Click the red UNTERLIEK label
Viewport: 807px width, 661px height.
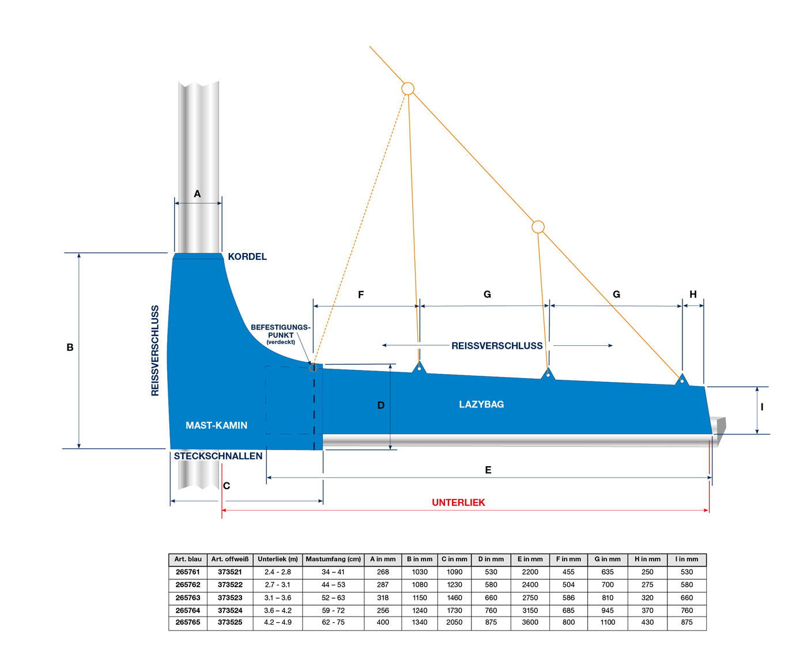pyautogui.click(x=458, y=503)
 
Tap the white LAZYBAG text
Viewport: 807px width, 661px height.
pyautogui.click(x=481, y=405)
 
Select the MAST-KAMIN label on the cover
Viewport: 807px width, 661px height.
pyautogui.click(x=216, y=425)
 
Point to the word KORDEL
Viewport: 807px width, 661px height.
pyautogui.click(x=247, y=256)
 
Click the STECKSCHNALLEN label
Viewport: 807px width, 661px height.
pyautogui.click(x=218, y=456)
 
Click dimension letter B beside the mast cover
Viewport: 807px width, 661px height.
pyautogui.click(x=70, y=348)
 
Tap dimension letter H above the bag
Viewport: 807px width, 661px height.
pyautogui.click(x=693, y=294)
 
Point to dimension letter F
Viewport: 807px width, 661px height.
pyautogui.click(x=361, y=295)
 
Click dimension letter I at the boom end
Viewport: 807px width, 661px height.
pyautogui.click(x=762, y=407)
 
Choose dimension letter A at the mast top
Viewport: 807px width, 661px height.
pyautogui.click(x=197, y=194)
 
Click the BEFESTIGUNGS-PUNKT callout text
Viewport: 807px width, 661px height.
pyautogui.click(x=281, y=334)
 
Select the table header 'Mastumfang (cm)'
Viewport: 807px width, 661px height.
pyautogui.click(x=333, y=559)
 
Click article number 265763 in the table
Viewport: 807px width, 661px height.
pyautogui.click(x=188, y=598)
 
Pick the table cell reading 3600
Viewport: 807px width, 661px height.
pyautogui.click(x=530, y=622)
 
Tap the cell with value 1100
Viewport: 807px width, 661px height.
pyautogui.click(x=607, y=622)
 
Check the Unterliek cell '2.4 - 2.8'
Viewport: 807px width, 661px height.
pyautogui.click(x=277, y=572)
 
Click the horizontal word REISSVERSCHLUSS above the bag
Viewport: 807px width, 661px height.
pyautogui.click(x=497, y=346)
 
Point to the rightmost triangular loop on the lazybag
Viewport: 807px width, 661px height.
pyautogui.click(x=682, y=380)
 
